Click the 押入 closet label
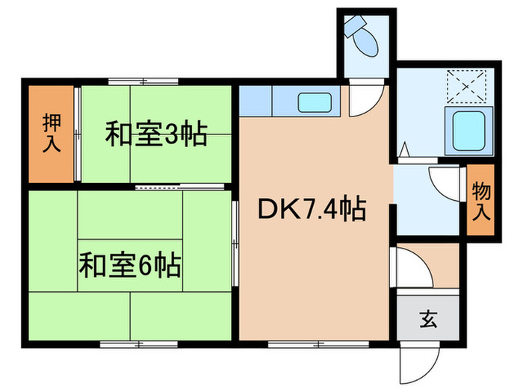pos(51,133)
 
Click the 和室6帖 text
pos(130,264)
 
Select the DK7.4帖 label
pos(312,211)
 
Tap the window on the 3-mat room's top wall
pos(131,81)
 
